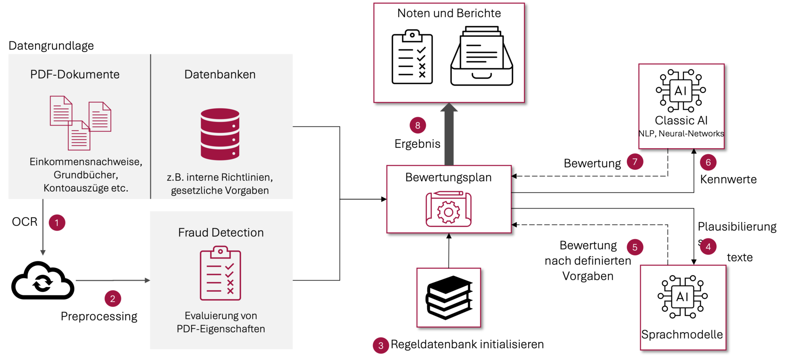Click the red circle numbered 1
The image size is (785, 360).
pos(57,223)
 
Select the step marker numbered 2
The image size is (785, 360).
pos(113,299)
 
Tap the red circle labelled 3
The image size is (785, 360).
pos(381,346)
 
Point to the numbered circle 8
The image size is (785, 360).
pos(417,125)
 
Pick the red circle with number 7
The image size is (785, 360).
pos(635,162)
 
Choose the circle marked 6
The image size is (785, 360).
pos(708,162)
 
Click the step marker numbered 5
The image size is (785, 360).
pos(635,247)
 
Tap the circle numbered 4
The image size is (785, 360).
pos(708,246)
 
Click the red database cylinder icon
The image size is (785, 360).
pos(220,134)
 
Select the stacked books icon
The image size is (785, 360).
pos(449,297)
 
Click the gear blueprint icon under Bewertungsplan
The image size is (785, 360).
pos(449,209)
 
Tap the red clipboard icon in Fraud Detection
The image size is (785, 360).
pos(220,273)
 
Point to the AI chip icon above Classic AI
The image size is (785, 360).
pos(681,90)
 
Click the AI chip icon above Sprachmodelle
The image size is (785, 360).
pos(682,297)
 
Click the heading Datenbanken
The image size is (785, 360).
pos(220,74)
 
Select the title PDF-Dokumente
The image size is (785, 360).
pos(75,74)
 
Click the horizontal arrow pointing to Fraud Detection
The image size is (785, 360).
pos(112,280)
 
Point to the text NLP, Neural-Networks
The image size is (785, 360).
pos(681,134)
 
